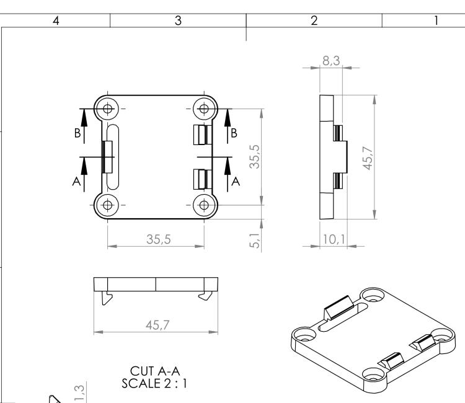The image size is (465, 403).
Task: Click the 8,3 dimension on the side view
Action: click(x=330, y=61)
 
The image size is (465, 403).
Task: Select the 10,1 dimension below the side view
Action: click(x=330, y=239)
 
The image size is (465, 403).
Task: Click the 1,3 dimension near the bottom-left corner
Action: click(x=79, y=392)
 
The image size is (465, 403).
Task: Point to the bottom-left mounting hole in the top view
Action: click(x=108, y=205)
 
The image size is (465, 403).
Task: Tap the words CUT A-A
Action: click(x=154, y=371)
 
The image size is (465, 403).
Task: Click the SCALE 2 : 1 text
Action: click(x=154, y=383)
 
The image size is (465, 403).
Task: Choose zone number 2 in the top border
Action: click(x=314, y=20)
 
